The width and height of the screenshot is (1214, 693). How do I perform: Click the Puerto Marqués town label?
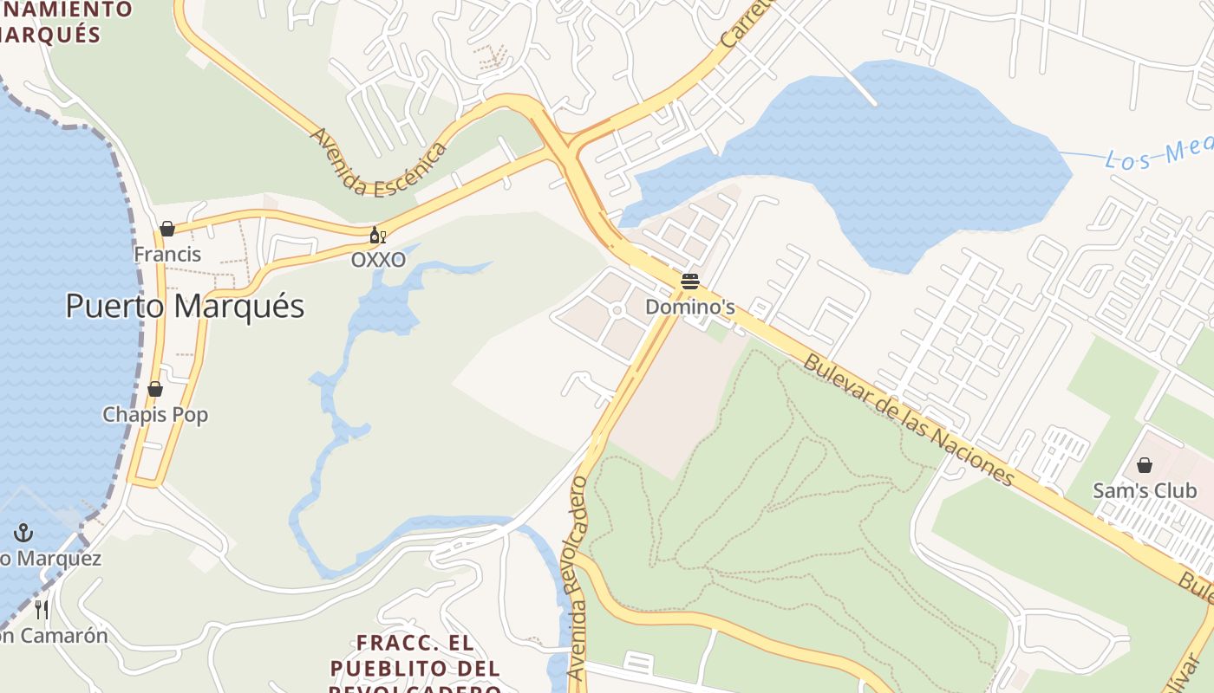tap(185, 307)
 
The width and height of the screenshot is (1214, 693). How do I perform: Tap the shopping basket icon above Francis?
tap(167, 229)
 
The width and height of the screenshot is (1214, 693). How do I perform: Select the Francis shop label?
tap(167, 255)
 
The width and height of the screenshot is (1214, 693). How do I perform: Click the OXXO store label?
tap(378, 260)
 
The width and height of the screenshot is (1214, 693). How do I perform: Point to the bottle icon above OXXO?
tap(377, 236)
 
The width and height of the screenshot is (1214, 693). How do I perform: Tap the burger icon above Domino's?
tap(690, 282)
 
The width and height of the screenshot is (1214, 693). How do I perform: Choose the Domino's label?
tap(690, 308)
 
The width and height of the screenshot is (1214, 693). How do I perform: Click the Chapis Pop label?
tap(156, 415)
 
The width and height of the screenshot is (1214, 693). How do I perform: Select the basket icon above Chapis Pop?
tap(155, 389)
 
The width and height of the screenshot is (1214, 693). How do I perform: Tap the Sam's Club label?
tap(1145, 490)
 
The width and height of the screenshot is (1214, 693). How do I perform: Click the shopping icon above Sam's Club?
tap(1145, 465)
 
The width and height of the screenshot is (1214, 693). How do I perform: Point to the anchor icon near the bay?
tap(23, 533)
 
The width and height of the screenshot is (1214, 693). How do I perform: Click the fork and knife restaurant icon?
tap(41, 609)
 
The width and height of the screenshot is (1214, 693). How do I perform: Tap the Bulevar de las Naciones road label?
tap(908, 419)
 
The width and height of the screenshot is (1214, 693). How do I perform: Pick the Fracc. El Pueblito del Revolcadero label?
tap(416, 667)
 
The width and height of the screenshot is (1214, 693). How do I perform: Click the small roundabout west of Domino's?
tap(617, 310)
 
